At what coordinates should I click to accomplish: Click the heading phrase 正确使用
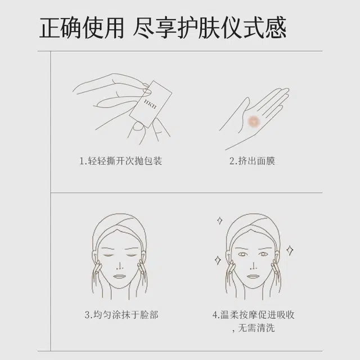(x=82, y=28)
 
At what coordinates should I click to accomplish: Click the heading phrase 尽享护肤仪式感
(x=210, y=28)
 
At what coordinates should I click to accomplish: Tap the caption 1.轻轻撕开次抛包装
(x=121, y=161)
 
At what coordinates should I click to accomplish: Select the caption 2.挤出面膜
(x=252, y=161)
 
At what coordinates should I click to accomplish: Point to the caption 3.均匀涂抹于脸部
(x=121, y=315)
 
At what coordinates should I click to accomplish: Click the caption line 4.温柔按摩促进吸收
(x=253, y=315)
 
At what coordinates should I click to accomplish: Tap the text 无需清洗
(x=256, y=328)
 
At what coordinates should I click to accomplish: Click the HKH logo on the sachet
(x=150, y=103)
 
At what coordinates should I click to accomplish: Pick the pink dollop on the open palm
(x=254, y=120)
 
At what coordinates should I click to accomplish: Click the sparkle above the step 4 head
(x=220, y=220)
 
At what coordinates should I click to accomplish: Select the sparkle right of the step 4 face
(x=290, y=250)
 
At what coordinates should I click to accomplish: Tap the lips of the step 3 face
(x=119, y=276)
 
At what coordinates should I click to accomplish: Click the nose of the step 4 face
(x=253, y=265)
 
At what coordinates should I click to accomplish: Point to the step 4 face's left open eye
(x=242, y=254)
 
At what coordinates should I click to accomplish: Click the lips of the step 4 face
(x=253, y=276)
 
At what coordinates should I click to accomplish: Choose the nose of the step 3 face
(x=119, y=265)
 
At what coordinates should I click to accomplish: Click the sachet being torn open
(x=151, y=104)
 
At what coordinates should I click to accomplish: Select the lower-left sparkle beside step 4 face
(x=218, y=260)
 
